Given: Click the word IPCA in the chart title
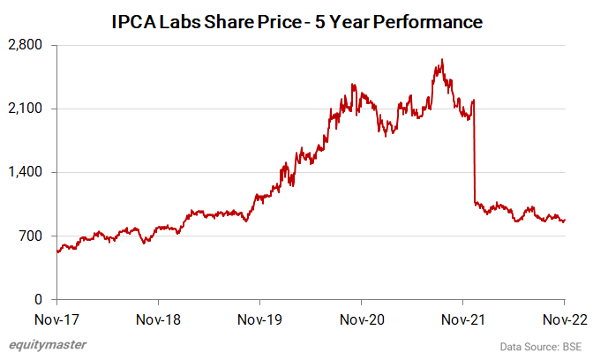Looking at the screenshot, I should pyautogui.click(x=134, y=21).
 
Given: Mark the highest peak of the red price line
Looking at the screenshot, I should pyautogui.click(x=441, y=60).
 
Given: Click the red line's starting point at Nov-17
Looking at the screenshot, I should pyautogui.click(x=57, y=251).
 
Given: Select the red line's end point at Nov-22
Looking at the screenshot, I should pyautogui.click(x=565, y=220).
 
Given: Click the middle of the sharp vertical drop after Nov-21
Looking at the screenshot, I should pyautogui.click(x=475, y=152).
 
